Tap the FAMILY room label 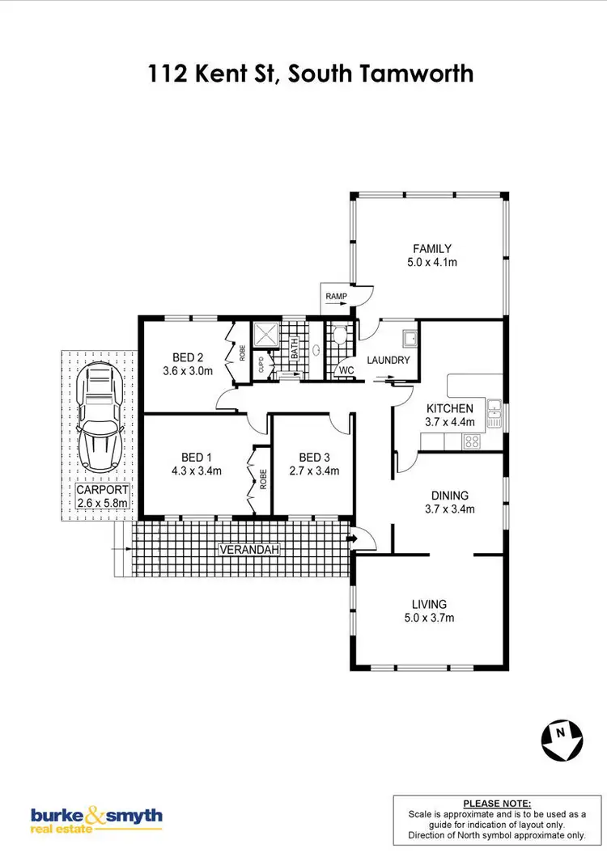pyautogui.click(x=432, y=249)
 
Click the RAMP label pyautogui.click(x=336, y=297)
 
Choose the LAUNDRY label pyautogui.click(x=389, y=361)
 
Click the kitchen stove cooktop pyautogui.click(x=469, y=441)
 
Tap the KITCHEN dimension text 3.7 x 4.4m pyautogui.click(x=449, y=422)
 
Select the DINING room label pyautogui.click(x=449, y=496)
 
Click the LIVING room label pyautogui.click(x=429, y=604)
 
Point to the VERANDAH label pyautogui.click(x=250, y=550)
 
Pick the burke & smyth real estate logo pyautogui.click(x=96, y=820)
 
